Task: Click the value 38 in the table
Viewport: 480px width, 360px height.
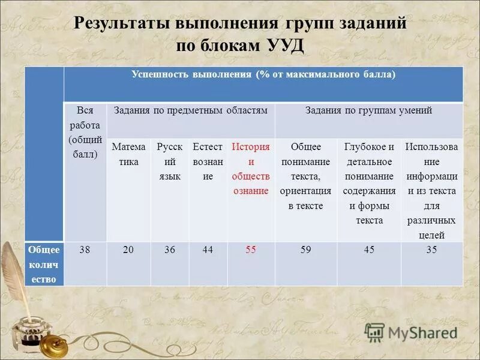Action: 85,250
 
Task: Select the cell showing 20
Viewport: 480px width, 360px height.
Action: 128,250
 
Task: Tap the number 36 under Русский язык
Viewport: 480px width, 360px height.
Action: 169,250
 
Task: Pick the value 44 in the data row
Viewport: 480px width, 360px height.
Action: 208,250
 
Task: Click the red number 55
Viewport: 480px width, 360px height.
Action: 251,250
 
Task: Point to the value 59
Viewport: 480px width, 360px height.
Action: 305,250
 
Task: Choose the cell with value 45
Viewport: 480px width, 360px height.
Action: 368,250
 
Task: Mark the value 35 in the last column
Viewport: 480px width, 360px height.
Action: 431,250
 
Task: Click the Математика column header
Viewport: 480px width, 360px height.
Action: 128,154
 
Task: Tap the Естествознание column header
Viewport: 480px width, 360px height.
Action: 208,162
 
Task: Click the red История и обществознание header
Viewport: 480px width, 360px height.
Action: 251,169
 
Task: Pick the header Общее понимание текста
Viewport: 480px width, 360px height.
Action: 305,176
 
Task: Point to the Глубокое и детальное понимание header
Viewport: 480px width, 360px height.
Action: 368,183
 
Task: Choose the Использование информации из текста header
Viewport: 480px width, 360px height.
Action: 431,191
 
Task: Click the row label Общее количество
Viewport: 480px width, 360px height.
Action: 44,264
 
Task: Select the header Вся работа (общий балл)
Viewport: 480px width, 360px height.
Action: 85,139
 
